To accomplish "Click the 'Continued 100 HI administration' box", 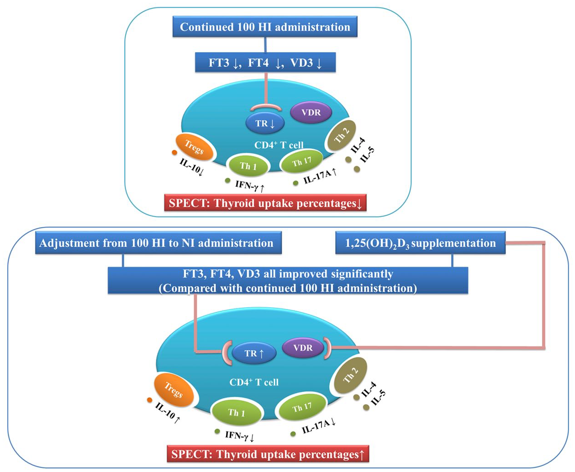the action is [x=265, y=26].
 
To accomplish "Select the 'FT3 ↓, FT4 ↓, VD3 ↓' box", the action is [x=265, y=63].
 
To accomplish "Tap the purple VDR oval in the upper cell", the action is [x=311, y=112].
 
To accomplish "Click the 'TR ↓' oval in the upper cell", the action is [x=265, y=123].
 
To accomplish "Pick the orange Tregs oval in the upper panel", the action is [x=194, y=147].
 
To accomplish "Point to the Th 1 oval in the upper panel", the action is [x=248, y=166].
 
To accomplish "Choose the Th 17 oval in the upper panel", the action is [x=302, y=161].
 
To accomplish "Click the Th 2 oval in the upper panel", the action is [x=341, y=136].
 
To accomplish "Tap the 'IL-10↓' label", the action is [x=191, y=167].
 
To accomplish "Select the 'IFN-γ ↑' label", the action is [x=250, y=186].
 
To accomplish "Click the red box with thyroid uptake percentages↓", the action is [x=265, y=203].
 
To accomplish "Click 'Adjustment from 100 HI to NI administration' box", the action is [x=158, y=242].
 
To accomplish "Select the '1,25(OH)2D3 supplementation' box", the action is [x=421, y=242].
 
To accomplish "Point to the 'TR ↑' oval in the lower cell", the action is [x=254, y=353].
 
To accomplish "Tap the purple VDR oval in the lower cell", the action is [x=303, y=347].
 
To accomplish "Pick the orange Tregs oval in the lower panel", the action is [x=174, y=390].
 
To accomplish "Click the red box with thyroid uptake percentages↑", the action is [x=268, y=454].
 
